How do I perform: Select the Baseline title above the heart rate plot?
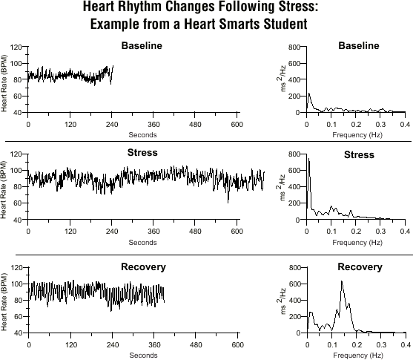[x=142, y=45]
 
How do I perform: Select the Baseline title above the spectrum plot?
[x=359, y=45]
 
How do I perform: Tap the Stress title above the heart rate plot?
[x=142, y=153]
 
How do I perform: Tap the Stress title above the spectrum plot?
[x=359, y=155]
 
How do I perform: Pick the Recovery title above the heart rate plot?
[x=144, y=267]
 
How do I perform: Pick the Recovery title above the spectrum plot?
[x=360, y=267]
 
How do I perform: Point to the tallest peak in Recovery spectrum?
[x=342, y=281]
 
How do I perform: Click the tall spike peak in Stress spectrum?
[x=308, y=159]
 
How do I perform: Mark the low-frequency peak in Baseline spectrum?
[x=309, y=94]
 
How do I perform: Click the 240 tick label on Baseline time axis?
[x=112, y=125]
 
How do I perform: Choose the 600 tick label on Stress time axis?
[x=237, y=232]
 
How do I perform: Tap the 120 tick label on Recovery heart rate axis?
[x=16, y=268]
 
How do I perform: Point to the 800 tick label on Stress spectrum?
[x=294, y=154]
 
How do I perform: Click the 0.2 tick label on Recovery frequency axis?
[x=357, y=344]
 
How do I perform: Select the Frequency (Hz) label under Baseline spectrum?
[x=357, y=135]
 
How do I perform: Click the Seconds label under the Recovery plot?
[x=143, y=356]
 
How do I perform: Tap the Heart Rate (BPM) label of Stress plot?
[x=4, y=189]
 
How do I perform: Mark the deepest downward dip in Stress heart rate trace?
[x=228, y=203]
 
